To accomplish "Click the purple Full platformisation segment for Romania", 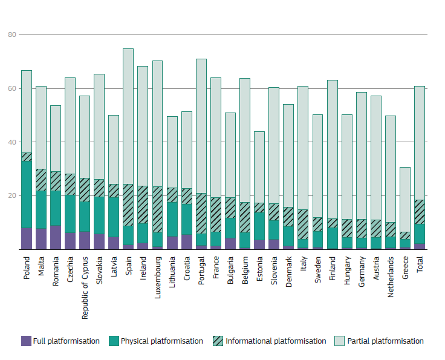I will click(x=56, y=237).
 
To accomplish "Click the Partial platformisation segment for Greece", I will click(x=405, y=200).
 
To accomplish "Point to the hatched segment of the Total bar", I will click(x=420, y=212).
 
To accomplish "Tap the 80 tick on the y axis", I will click(x=11, y=35).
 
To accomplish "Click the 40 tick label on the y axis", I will click(x=11, y=142).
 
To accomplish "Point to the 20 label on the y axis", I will click(x=11, y=196).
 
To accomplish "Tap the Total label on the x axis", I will click(x=420, y=264).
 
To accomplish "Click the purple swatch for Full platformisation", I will click(x=26, y=341).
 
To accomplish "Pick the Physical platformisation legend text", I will click(x=161, y=341).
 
